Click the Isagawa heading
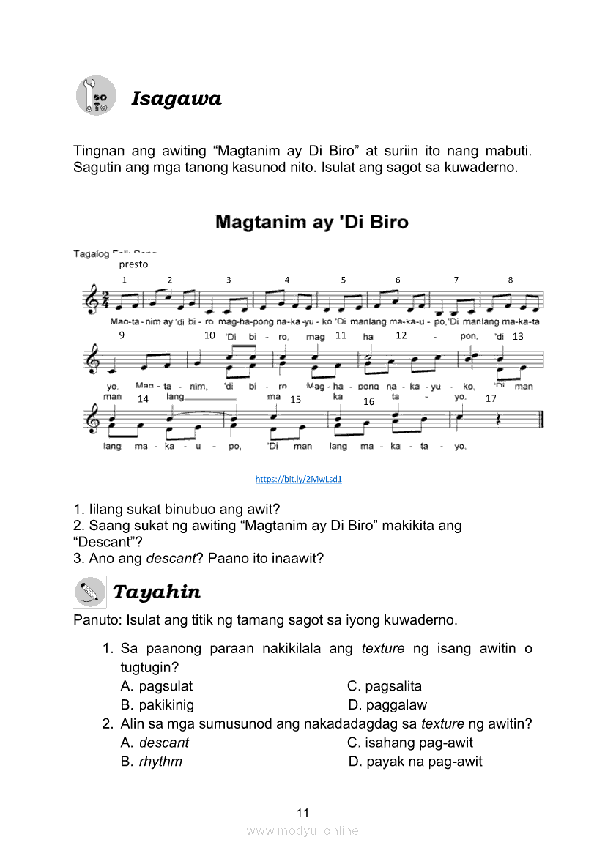tap(176, 99)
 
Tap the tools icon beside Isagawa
tap(96, 95)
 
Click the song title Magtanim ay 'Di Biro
tap(311, 222)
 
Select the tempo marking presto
tap(133, 264)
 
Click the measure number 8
tap(511, 280)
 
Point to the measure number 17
tap(491, 399)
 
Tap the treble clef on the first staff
tap(90, 300)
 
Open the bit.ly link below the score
tap(299, 479)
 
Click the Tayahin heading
tap(156, 592)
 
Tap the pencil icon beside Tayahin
tap(90, 592)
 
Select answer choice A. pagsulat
tap(157, 686)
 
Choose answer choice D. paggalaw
tap(387, 705)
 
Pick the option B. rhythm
tap(152, 762)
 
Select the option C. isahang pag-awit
tap(410, 743)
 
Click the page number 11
tap(303, 813)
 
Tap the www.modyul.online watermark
tap(302, 830)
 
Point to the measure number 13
tap(518, 337)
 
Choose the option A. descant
tap(155, 743)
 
